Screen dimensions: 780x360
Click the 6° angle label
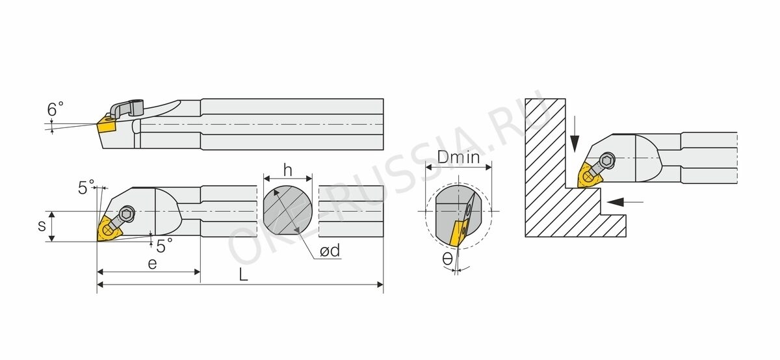(55, 109)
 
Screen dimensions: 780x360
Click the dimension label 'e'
(152, 264)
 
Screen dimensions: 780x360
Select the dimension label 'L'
(243, 275)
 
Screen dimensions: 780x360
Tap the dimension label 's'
(42, 226)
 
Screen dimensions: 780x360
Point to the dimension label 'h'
(287, 170)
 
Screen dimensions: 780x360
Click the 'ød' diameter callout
(330, 250)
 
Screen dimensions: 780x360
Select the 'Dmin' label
(459, 157)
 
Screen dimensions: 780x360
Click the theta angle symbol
(447, 259)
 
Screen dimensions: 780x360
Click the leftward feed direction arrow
(625, 201)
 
